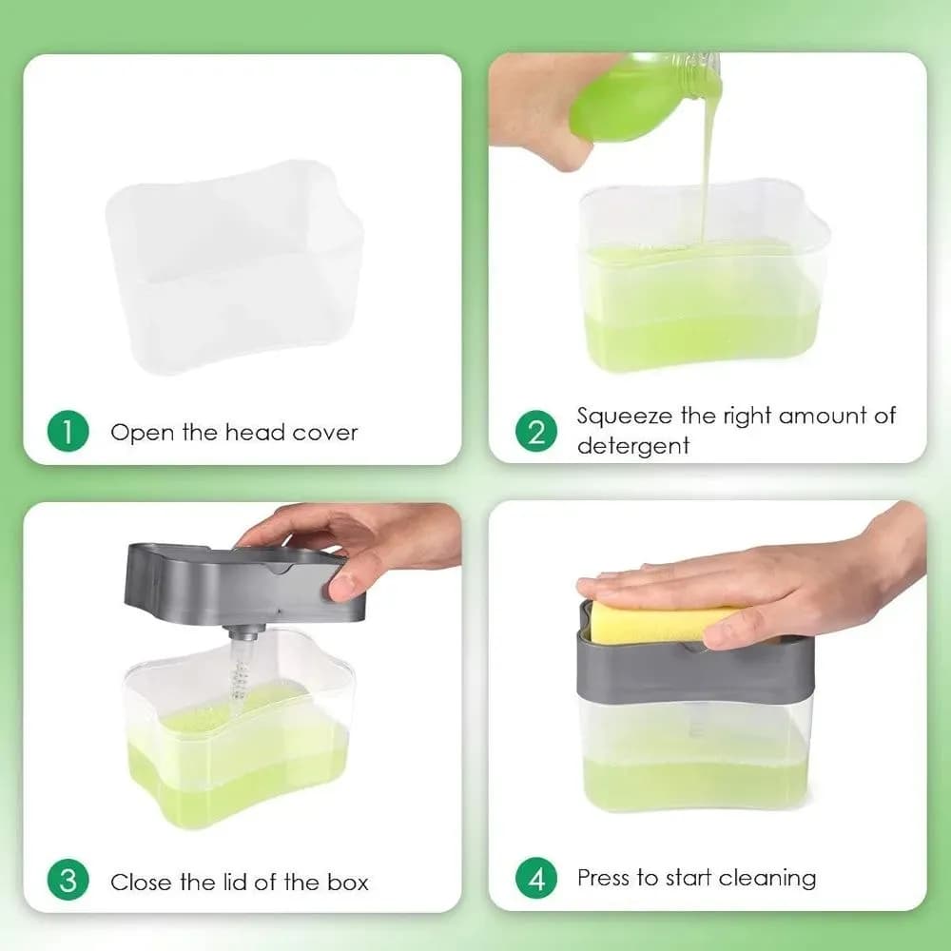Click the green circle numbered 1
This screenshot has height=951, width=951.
tap(68, 431)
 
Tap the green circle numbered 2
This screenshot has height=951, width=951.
tap(536, 431)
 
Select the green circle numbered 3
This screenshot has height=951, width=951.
tap(68, 880)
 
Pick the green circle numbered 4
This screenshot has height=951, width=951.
tap(536, 878)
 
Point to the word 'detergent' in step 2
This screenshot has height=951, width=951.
tap(632, 446)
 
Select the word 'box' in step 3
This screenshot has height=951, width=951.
tap(347, 882)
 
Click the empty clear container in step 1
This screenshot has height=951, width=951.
tap(235, 267)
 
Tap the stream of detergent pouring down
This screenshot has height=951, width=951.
tap(708, 164)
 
